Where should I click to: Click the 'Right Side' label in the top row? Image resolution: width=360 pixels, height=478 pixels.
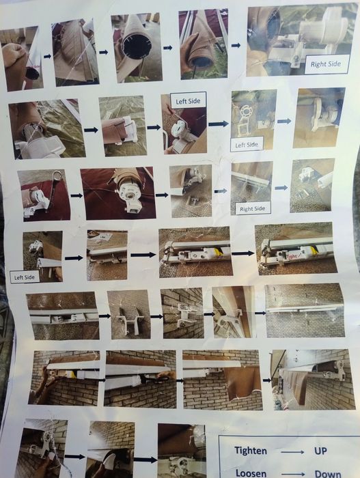click(326, 64)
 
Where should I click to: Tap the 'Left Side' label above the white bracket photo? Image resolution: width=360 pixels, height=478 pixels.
click(188, 101)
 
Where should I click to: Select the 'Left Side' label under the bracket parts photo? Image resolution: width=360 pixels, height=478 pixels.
click(247, 145)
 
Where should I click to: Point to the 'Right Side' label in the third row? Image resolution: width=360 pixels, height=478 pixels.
click(252, 209)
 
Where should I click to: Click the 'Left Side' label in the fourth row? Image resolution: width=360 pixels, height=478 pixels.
click(25, 277)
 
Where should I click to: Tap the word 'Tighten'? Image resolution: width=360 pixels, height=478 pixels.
click(251, 451)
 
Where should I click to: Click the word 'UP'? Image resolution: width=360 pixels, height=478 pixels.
click(320, 451)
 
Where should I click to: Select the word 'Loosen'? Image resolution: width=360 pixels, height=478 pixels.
click(251, 473)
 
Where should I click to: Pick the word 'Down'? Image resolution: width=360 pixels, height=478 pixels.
click(328, 474)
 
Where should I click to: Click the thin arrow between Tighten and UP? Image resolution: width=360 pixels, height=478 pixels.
click(292, 452)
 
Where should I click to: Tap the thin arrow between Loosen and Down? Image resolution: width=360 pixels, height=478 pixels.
click(293, 475)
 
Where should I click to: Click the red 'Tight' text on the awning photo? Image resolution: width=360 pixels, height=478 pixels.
click(292, 256)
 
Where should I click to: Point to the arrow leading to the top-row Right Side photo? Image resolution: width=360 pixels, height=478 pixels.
click(236, 46)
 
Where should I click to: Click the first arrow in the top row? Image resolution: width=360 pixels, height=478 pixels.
click(47, 56)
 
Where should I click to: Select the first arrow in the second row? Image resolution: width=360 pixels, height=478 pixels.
click(91, 130)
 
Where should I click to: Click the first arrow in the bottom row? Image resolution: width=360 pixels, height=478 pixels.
click(74, 456)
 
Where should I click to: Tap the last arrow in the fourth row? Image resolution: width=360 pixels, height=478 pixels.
click(243, 253)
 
